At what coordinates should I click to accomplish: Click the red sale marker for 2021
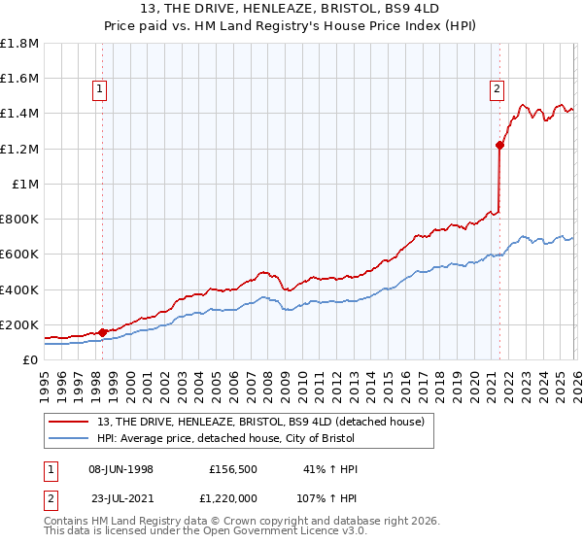499,146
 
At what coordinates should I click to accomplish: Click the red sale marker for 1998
102,332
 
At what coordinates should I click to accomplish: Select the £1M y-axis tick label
24,184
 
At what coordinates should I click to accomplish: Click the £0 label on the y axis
29,359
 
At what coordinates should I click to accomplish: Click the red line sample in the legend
70,423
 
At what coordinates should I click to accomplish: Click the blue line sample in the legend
70,439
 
